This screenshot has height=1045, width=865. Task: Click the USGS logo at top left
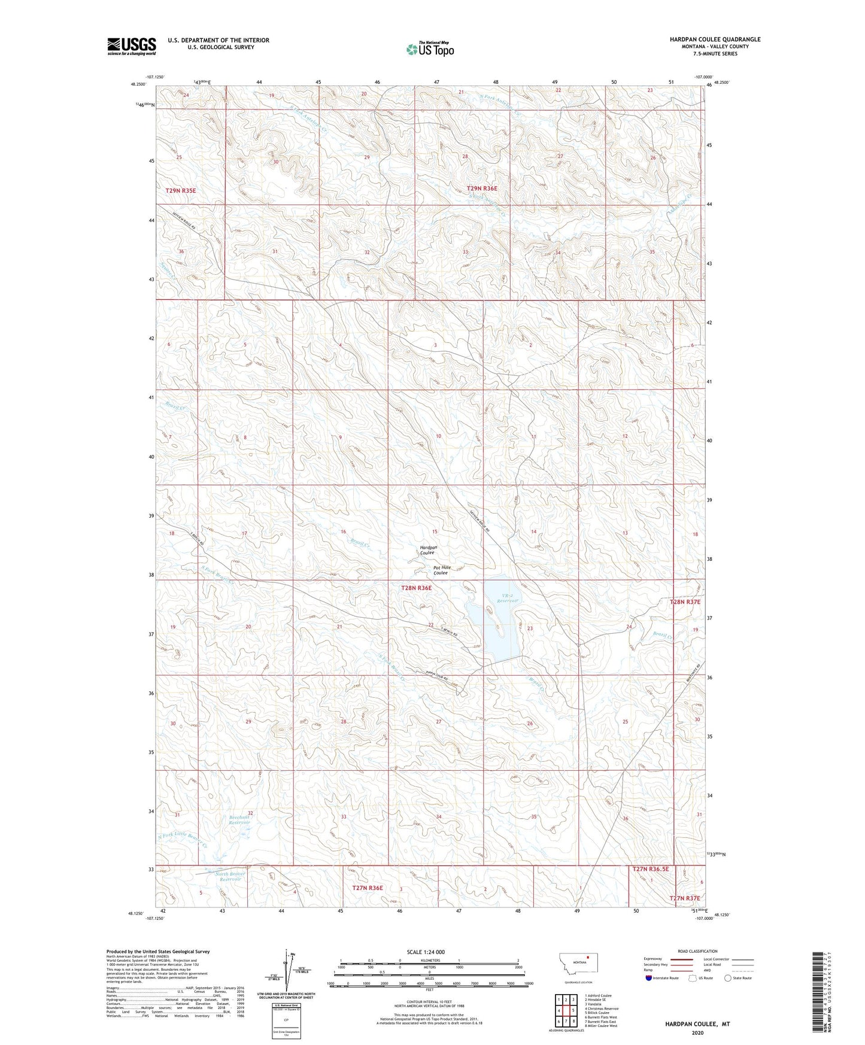pyautogui.click(x=131, y=46)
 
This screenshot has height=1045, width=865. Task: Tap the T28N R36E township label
pyautogui.click(x=416, y=588)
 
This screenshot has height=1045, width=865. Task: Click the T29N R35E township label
pyautogui.click(x=180, y=190)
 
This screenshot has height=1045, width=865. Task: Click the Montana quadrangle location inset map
pyautogui.click(x=578, y=965)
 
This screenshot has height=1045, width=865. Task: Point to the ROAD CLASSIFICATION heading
pyautogui.click(x=697, y=951)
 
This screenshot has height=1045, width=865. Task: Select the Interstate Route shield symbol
pyautogui.click(x=649, y=978)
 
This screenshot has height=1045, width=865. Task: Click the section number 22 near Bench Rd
pyautogui.click(x=430, y=625)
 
